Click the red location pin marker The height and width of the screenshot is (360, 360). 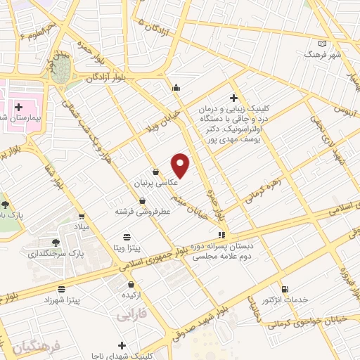(181, 165)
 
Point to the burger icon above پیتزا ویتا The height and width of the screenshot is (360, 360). (127, 237)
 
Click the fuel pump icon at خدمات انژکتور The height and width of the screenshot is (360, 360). (284, 289)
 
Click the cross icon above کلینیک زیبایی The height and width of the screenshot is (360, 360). (233, 98)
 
